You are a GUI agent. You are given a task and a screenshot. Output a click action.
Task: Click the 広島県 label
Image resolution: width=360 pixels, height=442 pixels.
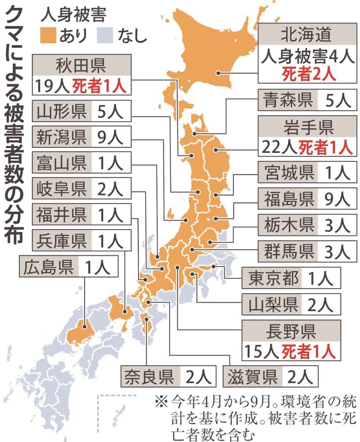tap(48, 268)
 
